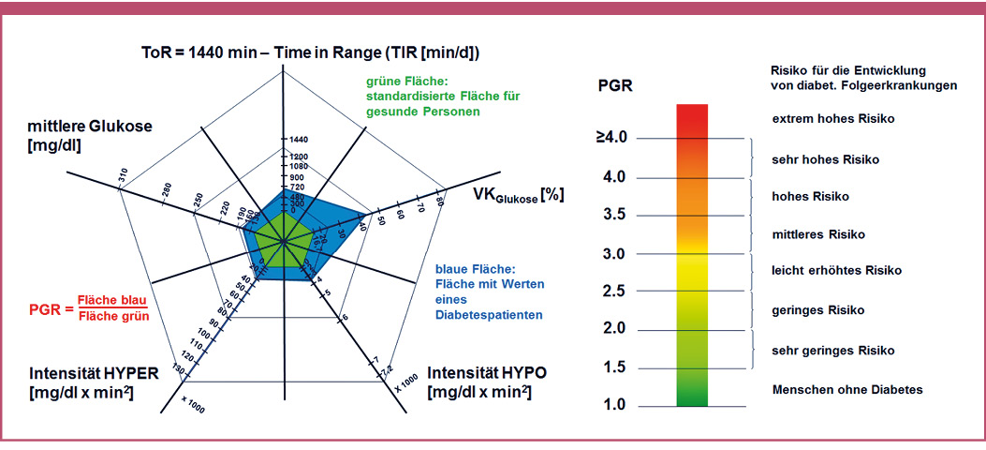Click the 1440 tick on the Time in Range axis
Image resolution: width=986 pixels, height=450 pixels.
click(x=299, y=139)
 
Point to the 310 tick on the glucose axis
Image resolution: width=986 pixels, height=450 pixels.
click(x=123, y=175)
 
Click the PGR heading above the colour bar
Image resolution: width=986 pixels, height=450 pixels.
click(x=614, y=87)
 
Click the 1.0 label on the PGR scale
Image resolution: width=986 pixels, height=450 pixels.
click(x=612, y=405)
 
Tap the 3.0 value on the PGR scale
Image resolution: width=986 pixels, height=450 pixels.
click(x=612, y=253)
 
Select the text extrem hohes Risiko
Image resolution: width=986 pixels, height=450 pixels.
click(x=832, y=119)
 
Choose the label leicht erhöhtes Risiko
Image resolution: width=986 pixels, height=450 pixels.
click(x=836, y=270)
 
